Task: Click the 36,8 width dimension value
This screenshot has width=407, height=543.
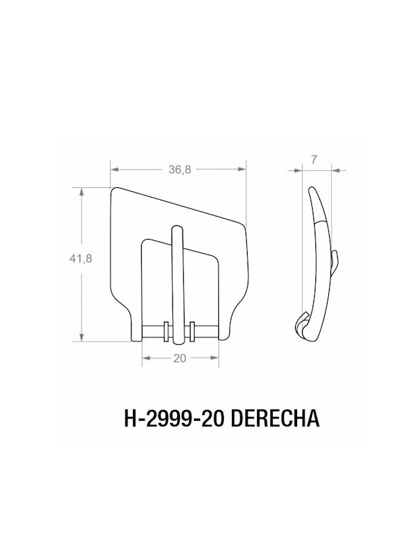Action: point(180,170)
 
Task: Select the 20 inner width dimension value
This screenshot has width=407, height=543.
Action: point(180,360)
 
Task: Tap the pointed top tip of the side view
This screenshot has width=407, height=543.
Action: point(310,188)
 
